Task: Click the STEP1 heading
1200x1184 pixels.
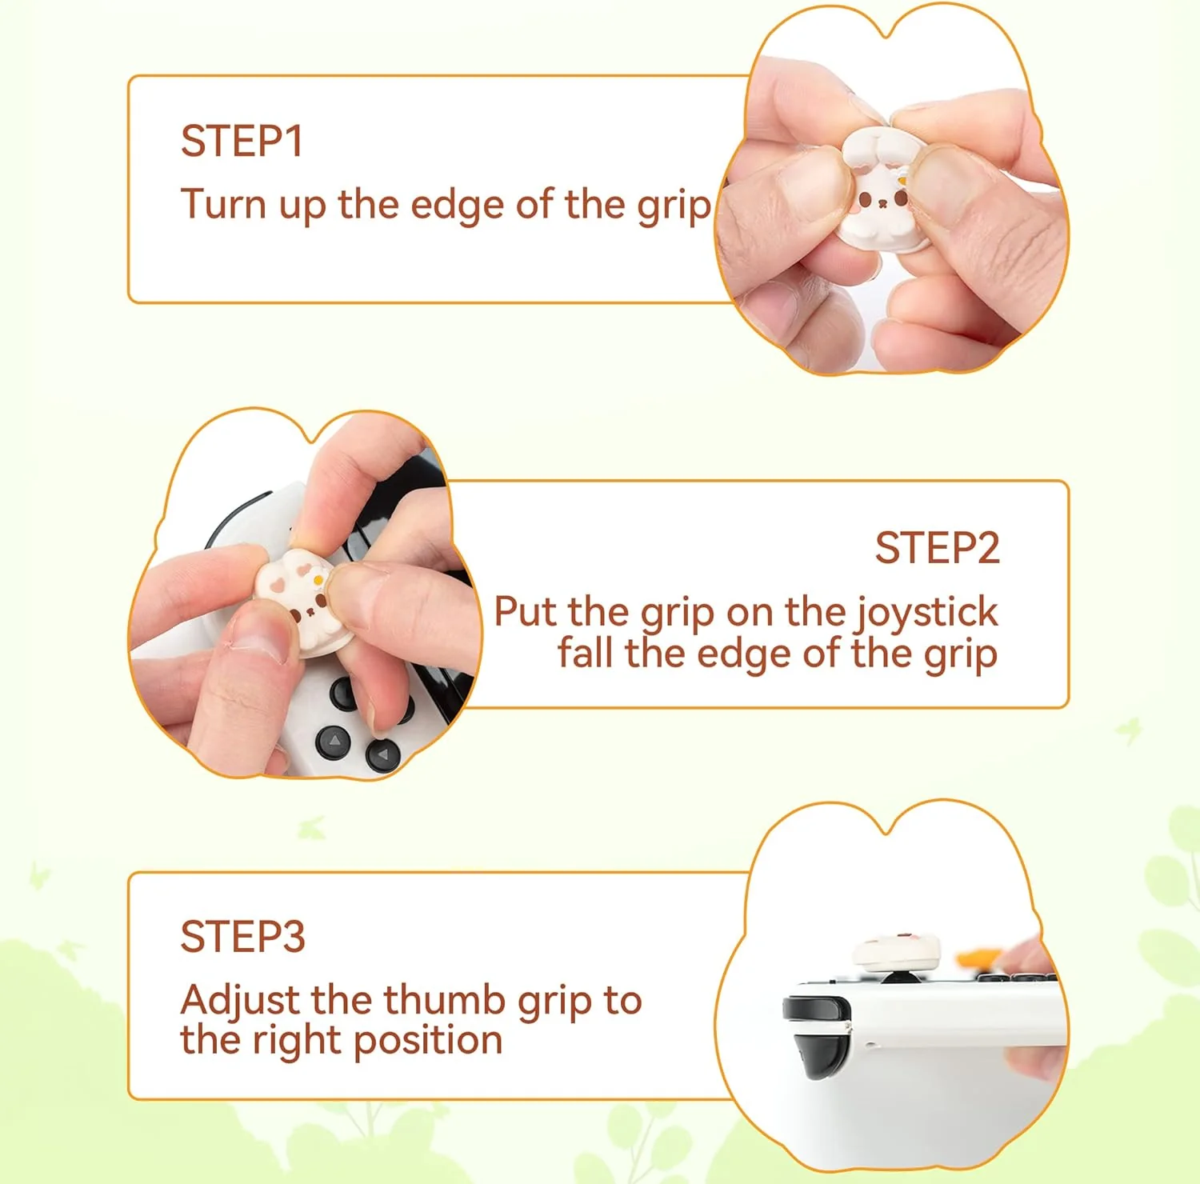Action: [242, 142]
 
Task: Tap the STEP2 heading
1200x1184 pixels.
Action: [937, 548]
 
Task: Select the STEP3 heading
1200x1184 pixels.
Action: [242, 936]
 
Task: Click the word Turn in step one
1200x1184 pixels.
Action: [223, 204]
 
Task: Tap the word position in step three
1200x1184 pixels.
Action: [427, 1040]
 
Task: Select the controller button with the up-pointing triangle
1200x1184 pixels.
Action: [334, 742]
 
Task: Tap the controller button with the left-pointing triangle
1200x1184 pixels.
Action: [382, 754]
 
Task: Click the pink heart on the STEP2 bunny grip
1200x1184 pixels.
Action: [277, 585]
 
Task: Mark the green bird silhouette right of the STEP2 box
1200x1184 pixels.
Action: [1130, 730]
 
